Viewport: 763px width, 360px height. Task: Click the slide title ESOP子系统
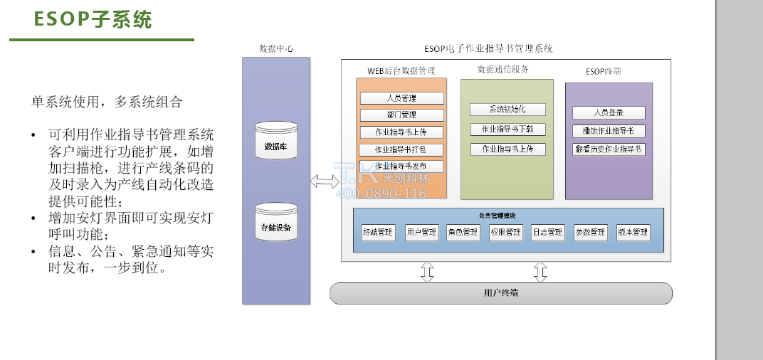(x=93, y=19)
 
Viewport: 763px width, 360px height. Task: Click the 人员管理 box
(x=401, y=98)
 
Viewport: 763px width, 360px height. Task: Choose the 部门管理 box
(x=401, y=115)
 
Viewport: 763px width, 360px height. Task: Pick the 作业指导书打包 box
(x=401, y=149)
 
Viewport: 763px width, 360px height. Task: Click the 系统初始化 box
(x=507, y=110)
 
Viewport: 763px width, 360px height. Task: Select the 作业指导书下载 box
(x=507, y=129)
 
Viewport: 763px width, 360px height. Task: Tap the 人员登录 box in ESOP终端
(x=609, y=112)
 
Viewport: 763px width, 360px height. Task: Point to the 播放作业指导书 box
(x=609, y=131)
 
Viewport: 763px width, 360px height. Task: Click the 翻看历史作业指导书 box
(x=609, y=149)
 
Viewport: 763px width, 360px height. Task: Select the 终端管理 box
(x=377, y=232)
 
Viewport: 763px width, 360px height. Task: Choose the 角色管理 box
(x=463, y=232)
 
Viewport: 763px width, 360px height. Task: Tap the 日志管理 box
(x=547, y=232)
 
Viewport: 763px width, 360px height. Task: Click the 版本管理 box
(x=632, y=232)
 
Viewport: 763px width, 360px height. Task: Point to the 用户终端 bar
(x=501, y=293)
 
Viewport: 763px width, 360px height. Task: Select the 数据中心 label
(x=276, y=49)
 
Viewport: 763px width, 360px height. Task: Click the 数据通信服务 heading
(x=503, y=70)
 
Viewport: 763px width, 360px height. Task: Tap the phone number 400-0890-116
(x=381, y=194)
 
